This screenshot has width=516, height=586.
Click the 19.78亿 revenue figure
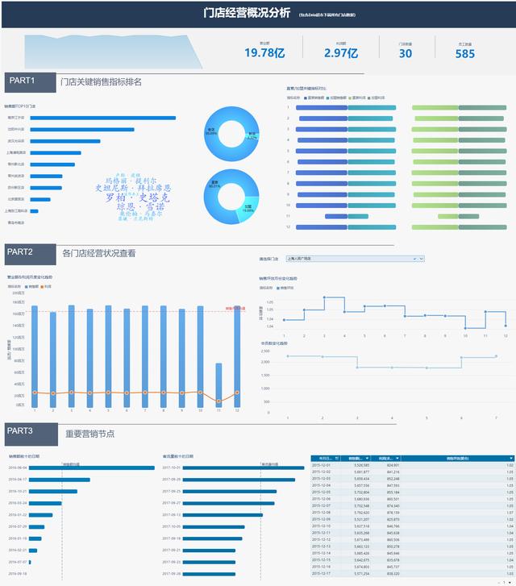coord(264,53)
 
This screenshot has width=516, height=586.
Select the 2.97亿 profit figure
coord(340,53)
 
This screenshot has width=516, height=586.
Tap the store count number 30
coord(405,53)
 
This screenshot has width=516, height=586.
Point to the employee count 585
coord(465,53)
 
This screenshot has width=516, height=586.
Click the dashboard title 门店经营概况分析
coord(247,12)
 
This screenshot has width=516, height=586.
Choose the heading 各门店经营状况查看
coord(99,253)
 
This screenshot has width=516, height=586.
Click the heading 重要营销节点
coord(90,434)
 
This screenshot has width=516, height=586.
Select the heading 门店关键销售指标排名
coord(101,81)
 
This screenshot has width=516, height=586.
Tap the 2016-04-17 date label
coord(18,480)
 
